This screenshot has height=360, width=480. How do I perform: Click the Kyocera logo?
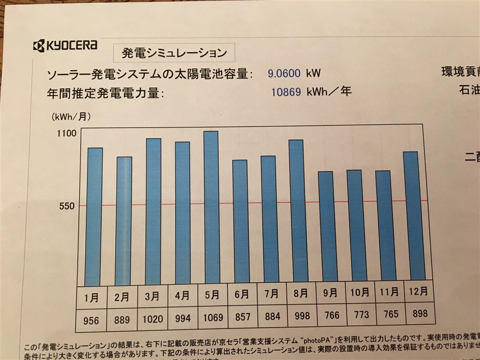coord(65,45)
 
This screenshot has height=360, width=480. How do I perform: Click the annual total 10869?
coord(286,91)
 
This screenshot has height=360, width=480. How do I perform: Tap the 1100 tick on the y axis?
coord(67,134)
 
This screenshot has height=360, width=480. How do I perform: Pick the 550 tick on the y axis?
coord(67,206)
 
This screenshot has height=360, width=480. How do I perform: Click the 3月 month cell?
coord(153,296)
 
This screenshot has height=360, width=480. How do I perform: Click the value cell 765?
coord(390,314)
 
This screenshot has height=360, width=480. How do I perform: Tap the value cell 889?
coord(123,319)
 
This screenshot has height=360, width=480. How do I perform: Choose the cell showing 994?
coord(182,318)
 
